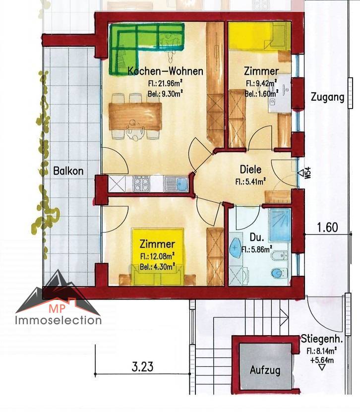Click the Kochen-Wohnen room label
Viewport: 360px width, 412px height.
tap(165, 71)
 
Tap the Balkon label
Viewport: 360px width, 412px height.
tap(68, 171)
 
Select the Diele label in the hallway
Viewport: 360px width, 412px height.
tap(251, 170)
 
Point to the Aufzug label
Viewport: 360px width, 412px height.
tap(265, 370)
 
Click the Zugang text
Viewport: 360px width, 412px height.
tap(327, 97)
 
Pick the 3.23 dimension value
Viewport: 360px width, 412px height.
tap(142, 366)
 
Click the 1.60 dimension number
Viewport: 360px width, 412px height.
tap(327, 227)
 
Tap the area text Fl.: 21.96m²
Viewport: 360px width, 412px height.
tap(165, 84)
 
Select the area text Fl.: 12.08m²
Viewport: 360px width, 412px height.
tap(158, 256)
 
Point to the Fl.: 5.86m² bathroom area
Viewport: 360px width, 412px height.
tap(256, 249)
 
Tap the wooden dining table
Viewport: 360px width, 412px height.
tap(135, 117)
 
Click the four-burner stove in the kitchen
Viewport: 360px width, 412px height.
tap(141, 183)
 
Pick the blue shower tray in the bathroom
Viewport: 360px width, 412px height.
tap(280, 225)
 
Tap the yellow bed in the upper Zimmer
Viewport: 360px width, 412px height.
tap(259, 36)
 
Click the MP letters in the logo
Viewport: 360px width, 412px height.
tap(57, 308)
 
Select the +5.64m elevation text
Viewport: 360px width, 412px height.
tap(322, 360)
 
